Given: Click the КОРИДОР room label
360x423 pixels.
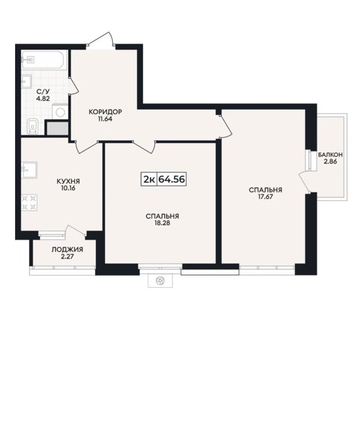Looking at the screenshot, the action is pos(105,112).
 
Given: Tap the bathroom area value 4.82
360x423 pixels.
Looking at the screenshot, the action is pos(43,98).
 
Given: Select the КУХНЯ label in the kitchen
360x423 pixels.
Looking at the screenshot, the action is pos(68,181).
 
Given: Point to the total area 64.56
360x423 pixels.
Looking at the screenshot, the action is pos(172,179).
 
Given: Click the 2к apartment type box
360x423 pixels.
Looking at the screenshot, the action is pos(149,179).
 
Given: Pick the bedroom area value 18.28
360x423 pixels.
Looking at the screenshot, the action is pos(162,223).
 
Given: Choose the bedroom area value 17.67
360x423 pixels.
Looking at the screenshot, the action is pos(265,196).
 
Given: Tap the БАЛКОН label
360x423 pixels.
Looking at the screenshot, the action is pos(330,155).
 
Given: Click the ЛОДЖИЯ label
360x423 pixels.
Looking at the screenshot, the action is pos(67,250).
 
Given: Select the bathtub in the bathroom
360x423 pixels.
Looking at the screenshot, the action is pos(43,59).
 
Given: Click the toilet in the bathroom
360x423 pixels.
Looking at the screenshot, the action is pos(33,126).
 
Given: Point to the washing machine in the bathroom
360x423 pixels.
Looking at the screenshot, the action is pos(60,111).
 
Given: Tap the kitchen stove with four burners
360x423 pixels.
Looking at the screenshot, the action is pos(29,202).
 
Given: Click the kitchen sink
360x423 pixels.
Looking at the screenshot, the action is pos(29,170).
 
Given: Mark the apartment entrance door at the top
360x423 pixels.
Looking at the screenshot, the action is pos(100,41).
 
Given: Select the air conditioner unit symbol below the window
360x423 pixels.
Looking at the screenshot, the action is pos(160,280).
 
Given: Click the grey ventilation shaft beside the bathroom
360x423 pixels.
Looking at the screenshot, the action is pos(58,128).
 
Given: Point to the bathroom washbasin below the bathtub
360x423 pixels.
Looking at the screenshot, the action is pos(27,81).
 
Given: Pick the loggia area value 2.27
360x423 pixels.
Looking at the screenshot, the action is pos(67,256).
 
